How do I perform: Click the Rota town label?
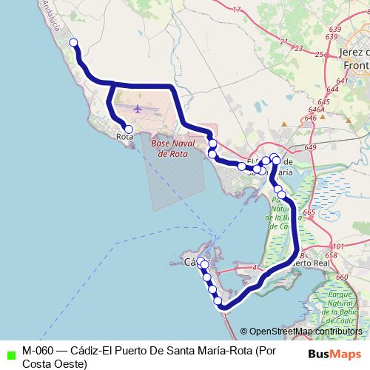(x=125, y=137)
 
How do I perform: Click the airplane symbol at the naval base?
(x=138, y=110)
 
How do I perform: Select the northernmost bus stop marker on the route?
(x=73, y=43)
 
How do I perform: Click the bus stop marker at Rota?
(x=129, y=129)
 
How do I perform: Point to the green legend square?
(x=10, y=354)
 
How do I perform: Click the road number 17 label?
(x=237, y=10)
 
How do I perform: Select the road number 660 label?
(x=341, y=277)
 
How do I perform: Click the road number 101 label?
(x=338, y=246)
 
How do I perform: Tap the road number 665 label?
(x=309, y=213)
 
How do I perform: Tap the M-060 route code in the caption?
(x=37, y=350)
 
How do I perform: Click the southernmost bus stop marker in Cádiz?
(x=218, y=300)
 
